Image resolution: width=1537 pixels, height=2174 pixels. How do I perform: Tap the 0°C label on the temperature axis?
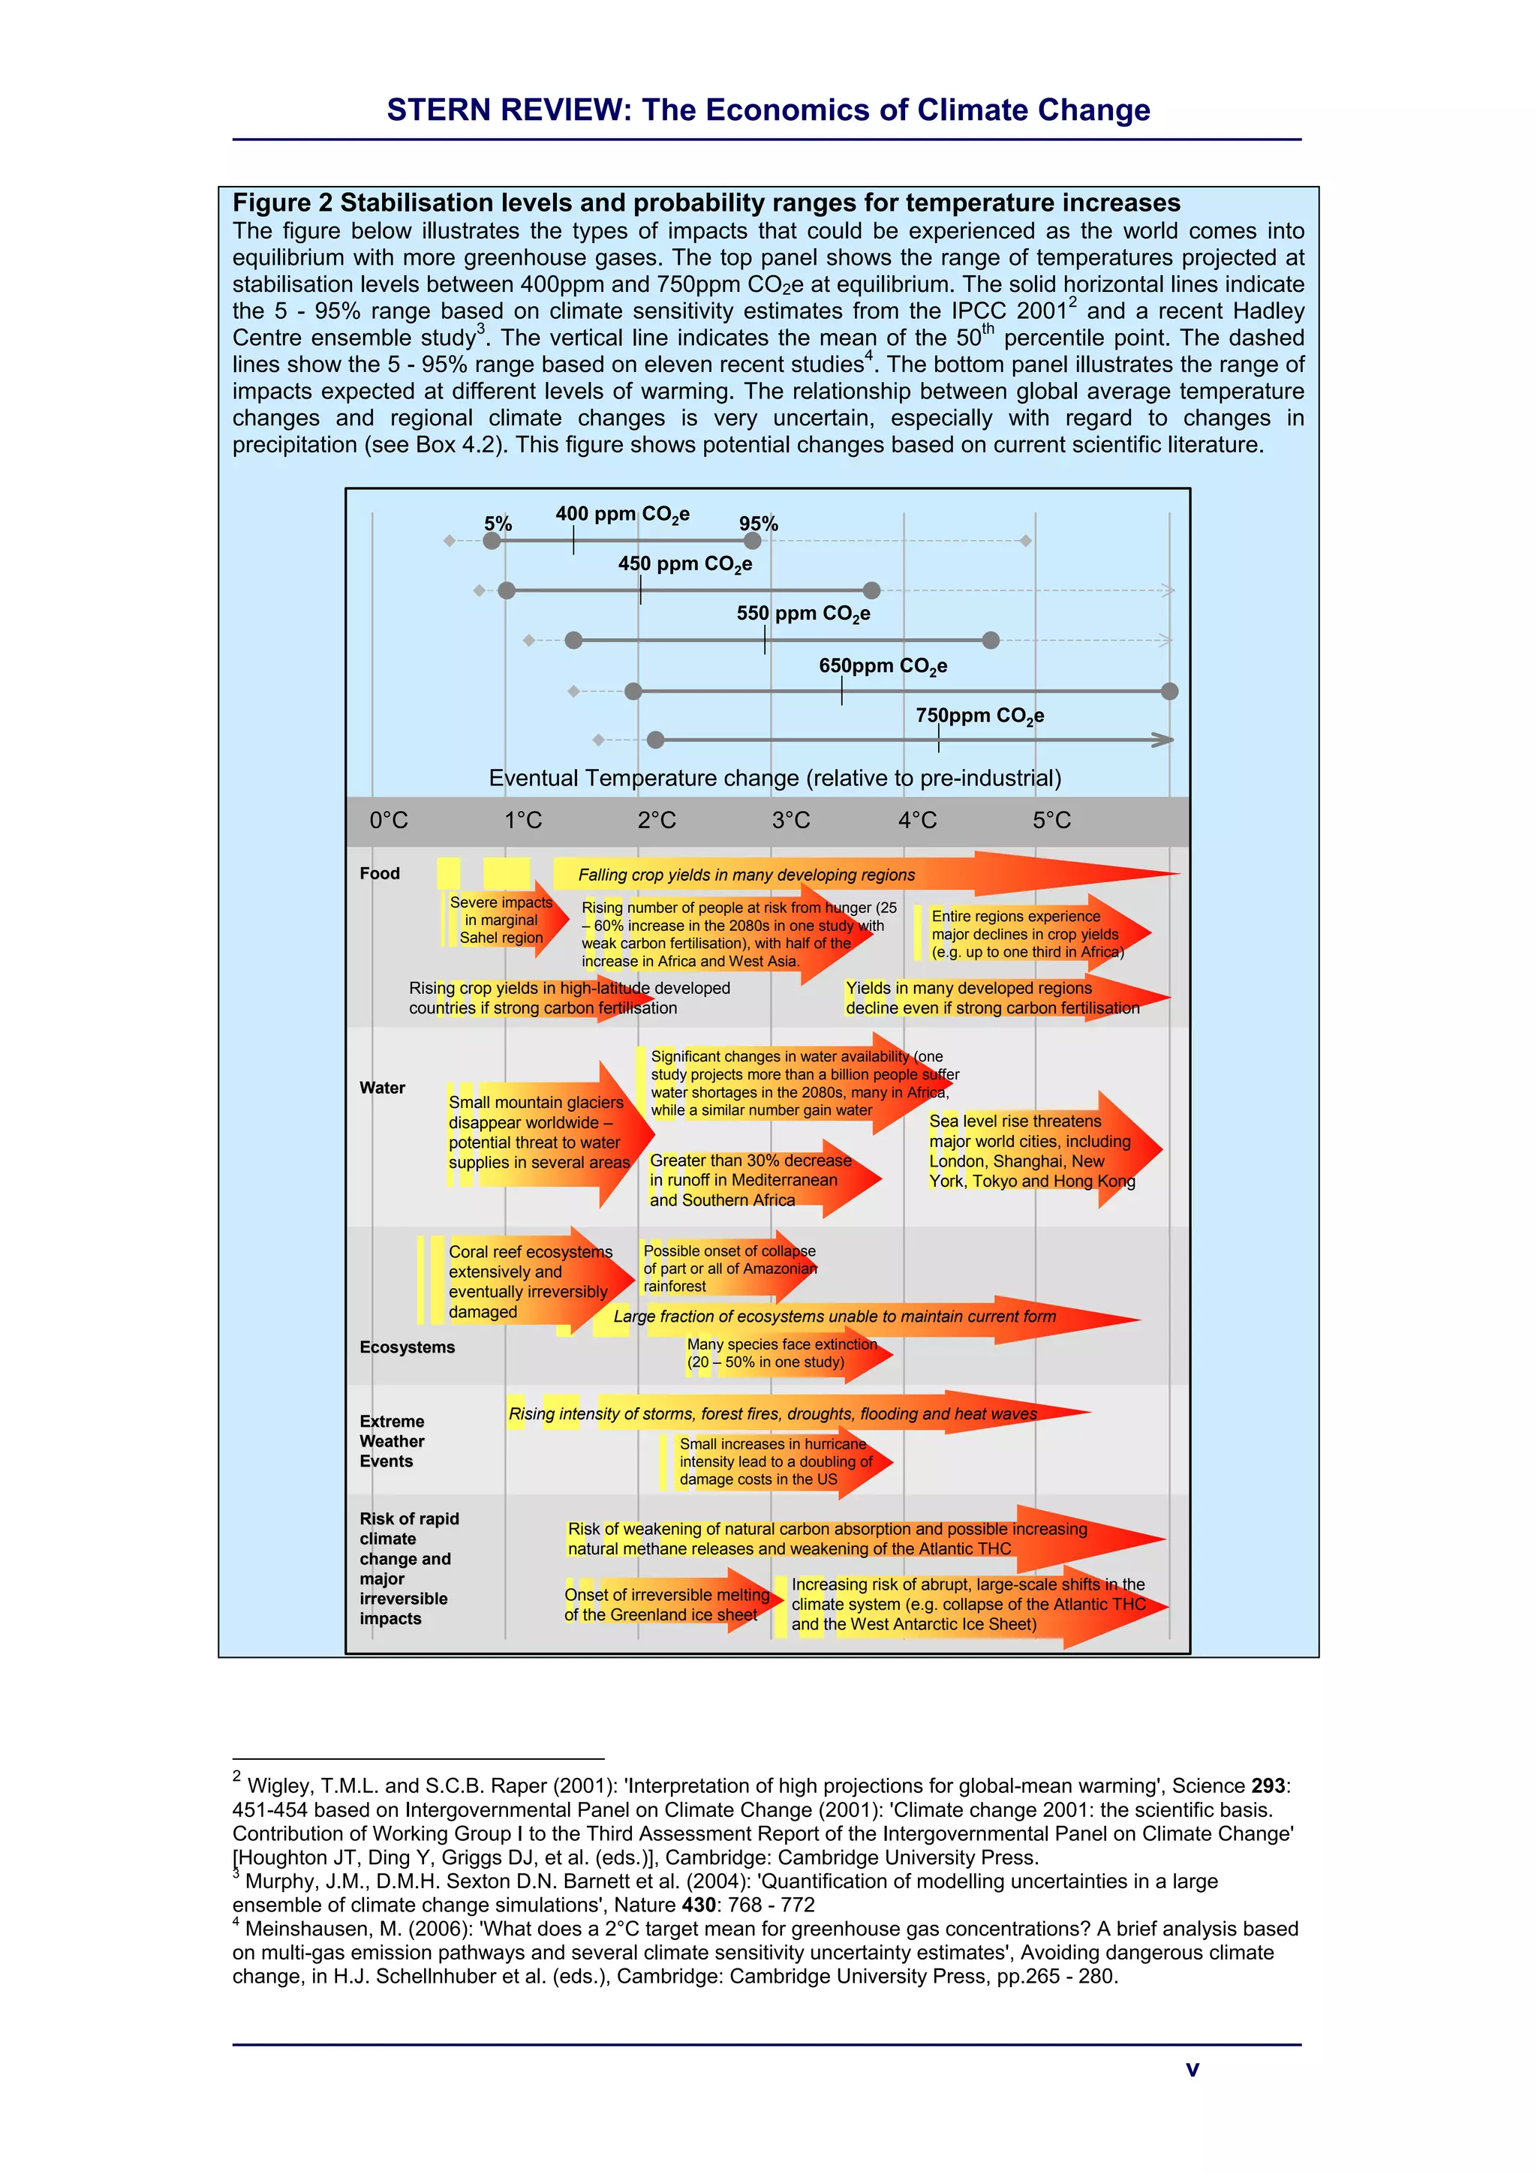[x=388, y=820]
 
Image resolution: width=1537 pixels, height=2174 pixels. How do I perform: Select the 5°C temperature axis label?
[x=1051, y=820]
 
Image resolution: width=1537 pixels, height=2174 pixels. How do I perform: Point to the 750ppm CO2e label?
[x=979, y=716]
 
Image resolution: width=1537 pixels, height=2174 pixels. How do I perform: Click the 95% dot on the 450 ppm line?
[x=872, y=591]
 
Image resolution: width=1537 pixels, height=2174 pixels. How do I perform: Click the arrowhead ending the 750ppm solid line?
[x=1163, y=740]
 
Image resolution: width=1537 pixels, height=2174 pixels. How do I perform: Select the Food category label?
[x=380, y=873]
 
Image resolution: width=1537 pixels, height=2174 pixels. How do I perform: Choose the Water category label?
[x=383, y=1088]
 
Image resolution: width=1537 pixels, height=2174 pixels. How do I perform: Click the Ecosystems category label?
[x=408, y=1347]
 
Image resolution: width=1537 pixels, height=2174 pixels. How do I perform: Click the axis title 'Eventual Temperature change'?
[x=775, y=779]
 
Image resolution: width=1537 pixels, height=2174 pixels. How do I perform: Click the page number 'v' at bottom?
[x=1193, y=2069]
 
